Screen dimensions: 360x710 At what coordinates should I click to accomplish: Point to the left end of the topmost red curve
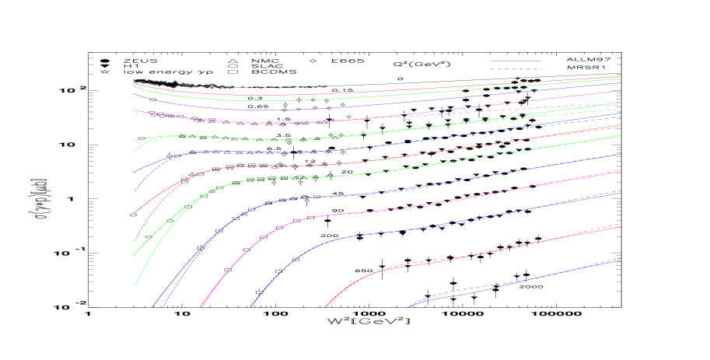coord(134,82)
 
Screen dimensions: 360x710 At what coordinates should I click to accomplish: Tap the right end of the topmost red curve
coord(620,77)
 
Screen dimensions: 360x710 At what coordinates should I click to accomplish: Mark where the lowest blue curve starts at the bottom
coord(407,307)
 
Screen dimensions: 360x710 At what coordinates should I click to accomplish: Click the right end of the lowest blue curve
coord(620,260)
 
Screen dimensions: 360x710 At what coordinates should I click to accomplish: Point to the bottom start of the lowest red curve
coord(324,307)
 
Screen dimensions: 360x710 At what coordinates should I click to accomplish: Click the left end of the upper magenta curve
coord(134,110)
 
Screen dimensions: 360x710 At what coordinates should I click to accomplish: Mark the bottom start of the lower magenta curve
coord(201,307)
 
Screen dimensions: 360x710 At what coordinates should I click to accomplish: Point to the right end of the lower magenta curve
coord(620,170)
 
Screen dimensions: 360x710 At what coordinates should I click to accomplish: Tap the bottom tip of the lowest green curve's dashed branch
coord(135,285)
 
